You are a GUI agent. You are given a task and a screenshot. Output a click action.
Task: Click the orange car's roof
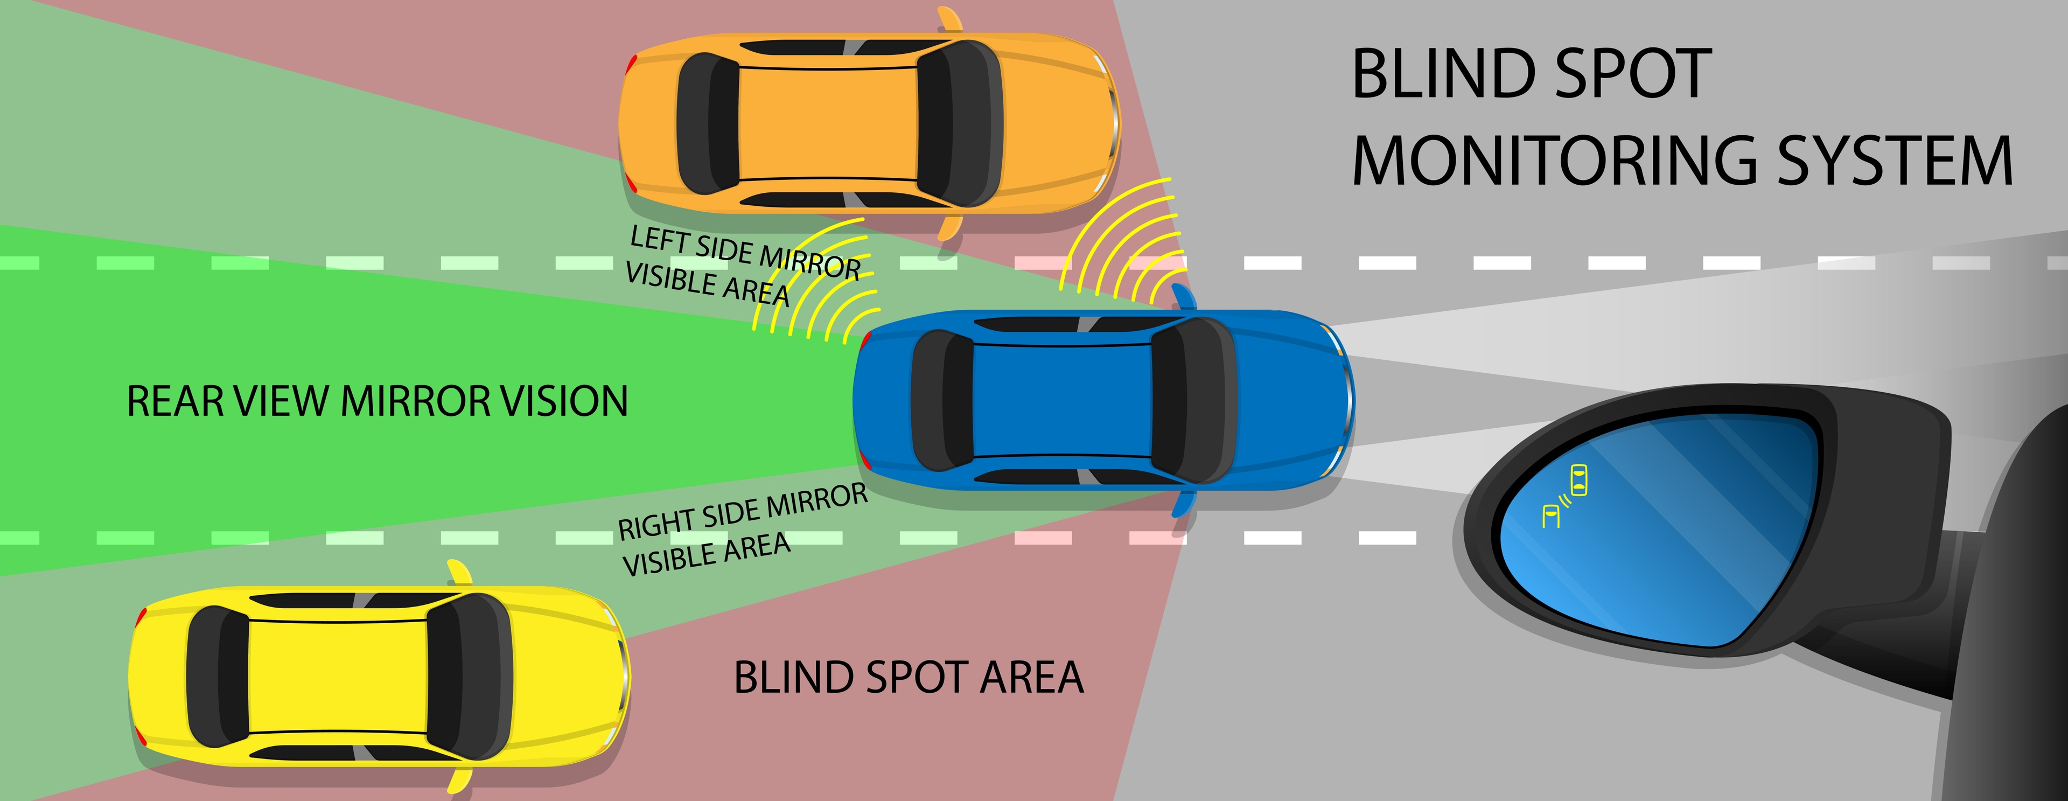827,124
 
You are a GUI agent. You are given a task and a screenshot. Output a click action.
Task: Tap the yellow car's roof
337,678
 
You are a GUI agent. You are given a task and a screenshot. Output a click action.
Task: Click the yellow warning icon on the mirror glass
1566,498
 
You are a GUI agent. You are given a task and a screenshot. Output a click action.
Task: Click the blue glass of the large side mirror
1670,530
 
